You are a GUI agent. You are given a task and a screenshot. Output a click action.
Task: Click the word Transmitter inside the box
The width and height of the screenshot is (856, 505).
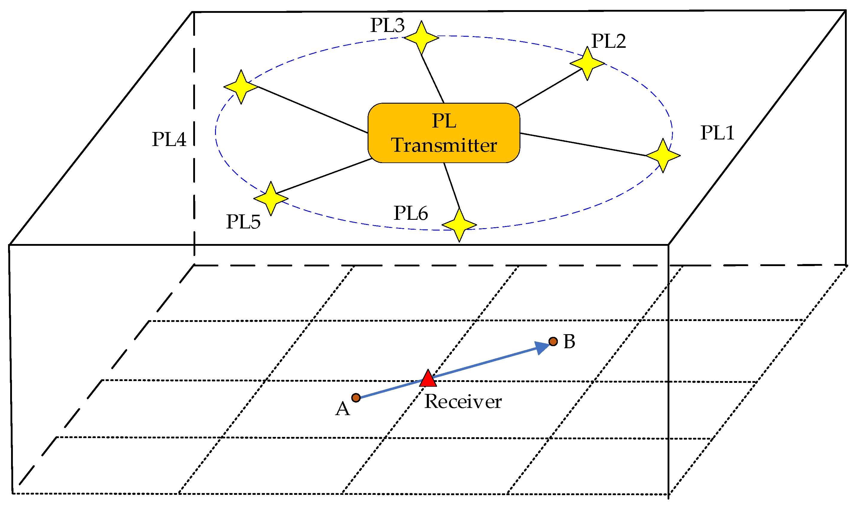coord(444,145)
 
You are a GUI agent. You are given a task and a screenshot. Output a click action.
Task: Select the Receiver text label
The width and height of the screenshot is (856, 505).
coord(463,402)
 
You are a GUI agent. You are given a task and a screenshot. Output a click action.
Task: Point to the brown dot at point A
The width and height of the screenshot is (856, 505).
coord(356,397)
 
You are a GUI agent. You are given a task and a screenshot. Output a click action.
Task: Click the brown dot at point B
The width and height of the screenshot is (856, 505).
coord(553,341)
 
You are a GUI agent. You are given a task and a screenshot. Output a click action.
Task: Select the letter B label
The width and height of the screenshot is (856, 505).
coord(569,341)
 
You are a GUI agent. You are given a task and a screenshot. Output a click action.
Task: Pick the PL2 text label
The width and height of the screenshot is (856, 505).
coord(609,41)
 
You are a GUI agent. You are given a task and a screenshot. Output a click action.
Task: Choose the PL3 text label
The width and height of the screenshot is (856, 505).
coord(387,25)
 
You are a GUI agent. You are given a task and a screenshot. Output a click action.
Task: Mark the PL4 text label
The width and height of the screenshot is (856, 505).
coord(169,139)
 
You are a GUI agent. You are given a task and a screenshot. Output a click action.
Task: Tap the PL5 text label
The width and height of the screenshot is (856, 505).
coord(243,222)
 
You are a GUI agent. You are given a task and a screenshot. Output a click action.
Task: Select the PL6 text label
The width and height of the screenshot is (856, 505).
coord(411,213)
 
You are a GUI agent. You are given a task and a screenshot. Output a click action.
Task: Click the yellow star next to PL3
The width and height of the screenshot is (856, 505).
coord(421,37)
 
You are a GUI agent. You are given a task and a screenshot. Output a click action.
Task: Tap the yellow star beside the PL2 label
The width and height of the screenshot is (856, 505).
coord(587,63)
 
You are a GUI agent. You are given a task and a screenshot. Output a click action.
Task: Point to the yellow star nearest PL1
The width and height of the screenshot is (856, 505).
coord(663,156)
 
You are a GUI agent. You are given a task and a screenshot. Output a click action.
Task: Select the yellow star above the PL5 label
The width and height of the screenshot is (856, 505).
coord(271,198)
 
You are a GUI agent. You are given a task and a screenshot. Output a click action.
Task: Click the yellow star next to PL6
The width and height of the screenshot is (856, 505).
coord(459,225)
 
